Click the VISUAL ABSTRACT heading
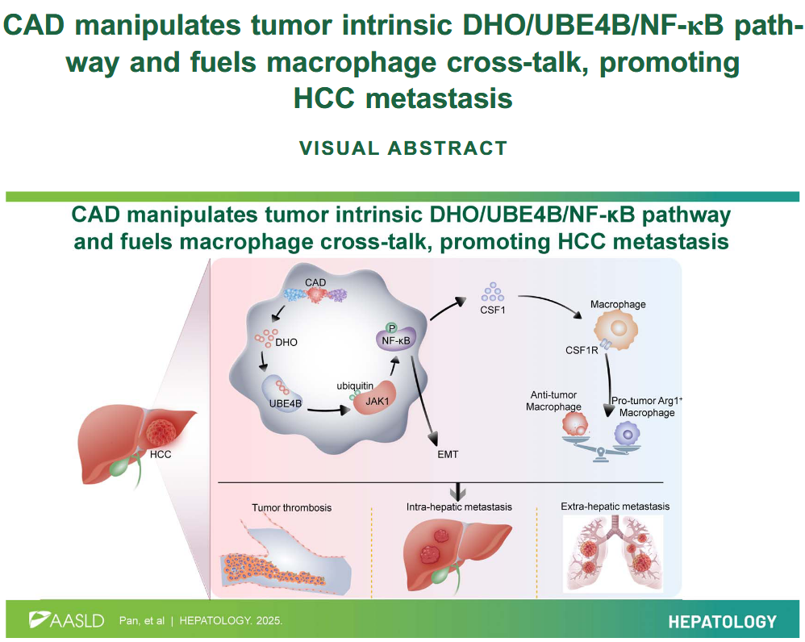403,148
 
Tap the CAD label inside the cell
315,283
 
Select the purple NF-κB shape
396,340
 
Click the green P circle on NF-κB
392,328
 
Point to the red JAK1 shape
375,399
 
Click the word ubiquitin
355,386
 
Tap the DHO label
286,342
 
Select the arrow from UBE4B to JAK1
327,410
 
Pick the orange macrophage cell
616,329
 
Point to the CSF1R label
582,351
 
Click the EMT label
448,454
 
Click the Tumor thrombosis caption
292,507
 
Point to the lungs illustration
613,553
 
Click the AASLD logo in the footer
67,620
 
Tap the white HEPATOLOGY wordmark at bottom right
722,622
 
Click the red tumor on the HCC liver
161,432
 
